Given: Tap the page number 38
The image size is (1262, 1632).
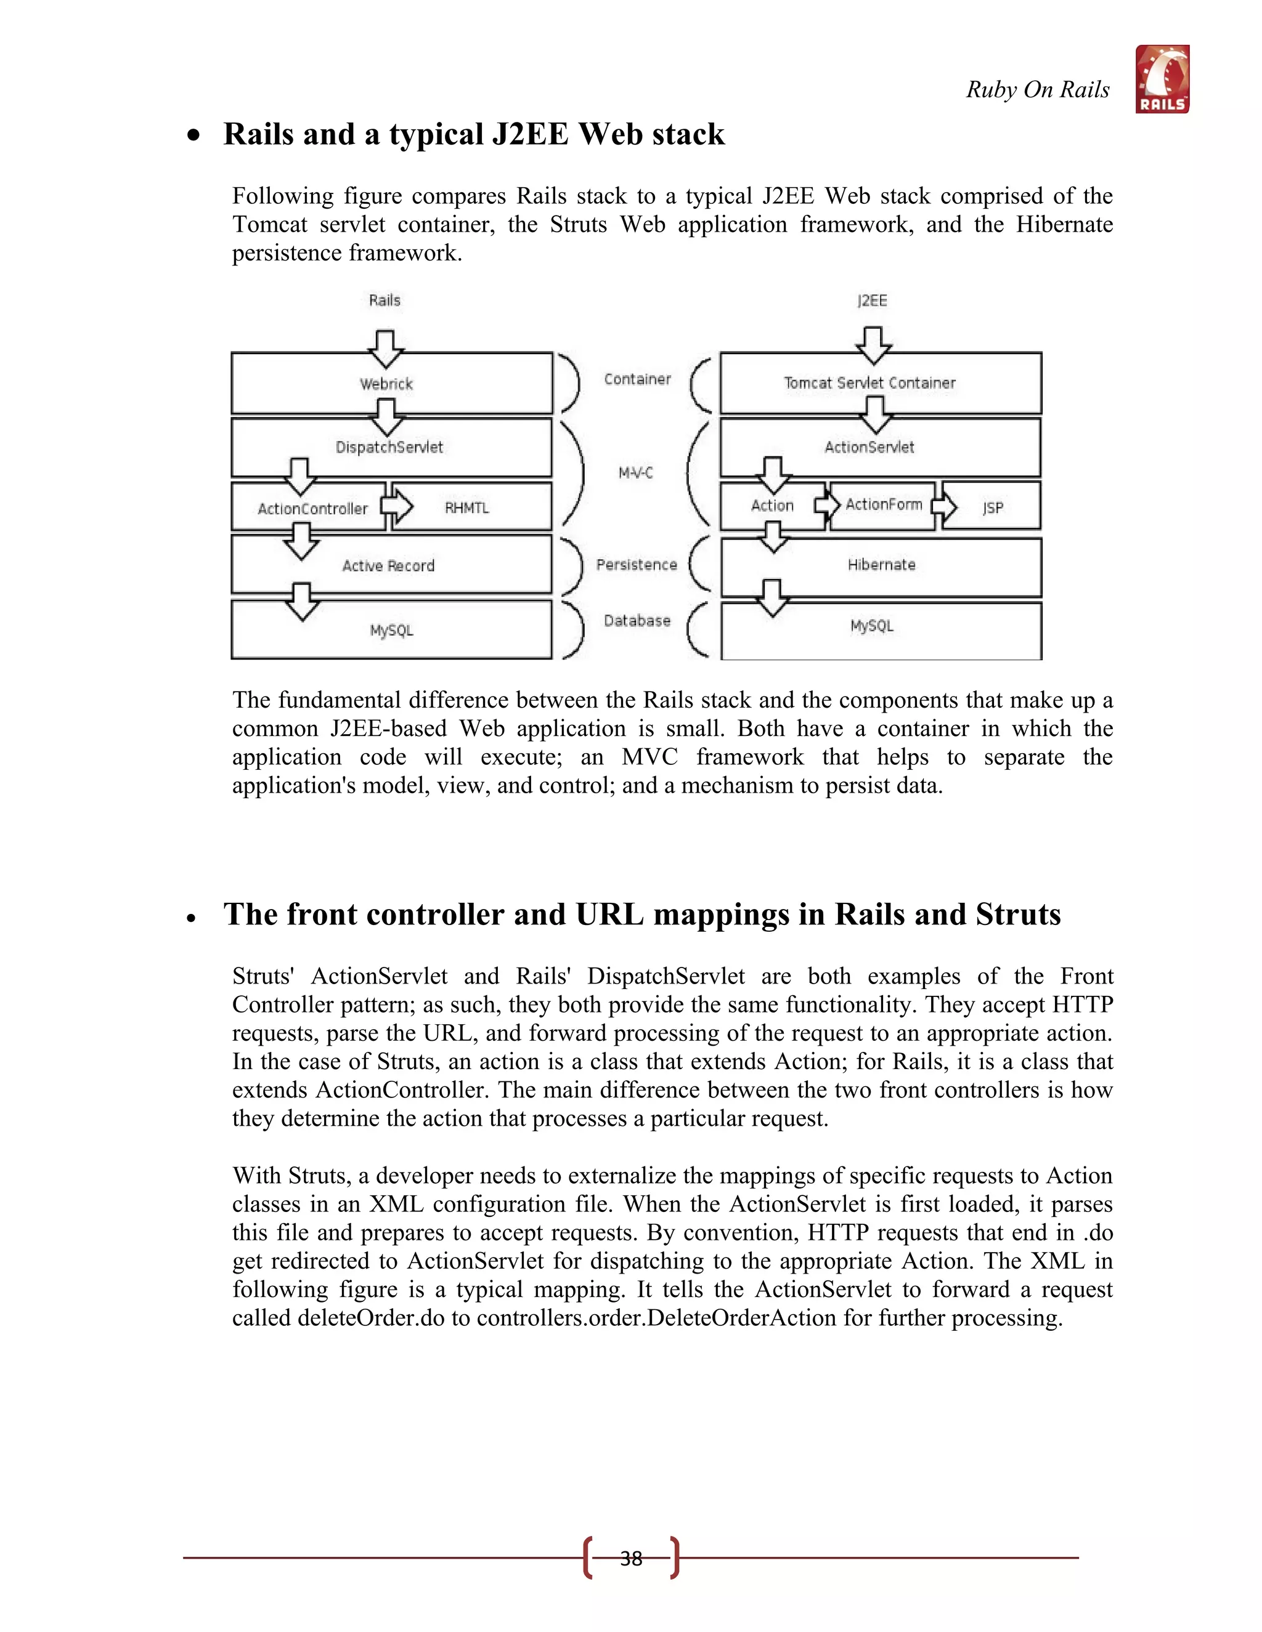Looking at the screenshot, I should click(631, 1558).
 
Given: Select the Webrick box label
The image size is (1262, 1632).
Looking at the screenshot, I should click(386, 384).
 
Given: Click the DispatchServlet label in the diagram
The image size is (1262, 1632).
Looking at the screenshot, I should click(389, 448).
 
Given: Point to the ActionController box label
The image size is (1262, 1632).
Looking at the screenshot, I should click(312, 509).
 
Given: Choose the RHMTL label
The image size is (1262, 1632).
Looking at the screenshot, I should click(466, 508).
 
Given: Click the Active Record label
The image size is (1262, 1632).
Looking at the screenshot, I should click(388, 566).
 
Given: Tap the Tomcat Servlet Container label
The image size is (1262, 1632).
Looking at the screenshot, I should click(869, 383).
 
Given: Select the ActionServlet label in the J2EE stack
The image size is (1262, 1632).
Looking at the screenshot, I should click(869, 448).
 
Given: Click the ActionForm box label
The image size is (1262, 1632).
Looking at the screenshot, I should click(884, 505).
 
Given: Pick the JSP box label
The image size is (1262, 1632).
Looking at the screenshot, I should click(992, 508).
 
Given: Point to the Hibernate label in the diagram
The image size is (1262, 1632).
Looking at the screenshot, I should click(881, 565).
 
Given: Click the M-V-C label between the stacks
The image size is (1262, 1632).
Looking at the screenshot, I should click(635, 473).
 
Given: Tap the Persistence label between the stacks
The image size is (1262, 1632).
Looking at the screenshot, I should click(636, 565).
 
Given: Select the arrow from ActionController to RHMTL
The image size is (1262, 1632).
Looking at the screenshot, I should click(397, 505).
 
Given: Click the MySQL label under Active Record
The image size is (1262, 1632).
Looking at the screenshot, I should click(391, 631).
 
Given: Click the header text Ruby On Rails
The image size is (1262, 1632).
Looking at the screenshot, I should click(1038, 90).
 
